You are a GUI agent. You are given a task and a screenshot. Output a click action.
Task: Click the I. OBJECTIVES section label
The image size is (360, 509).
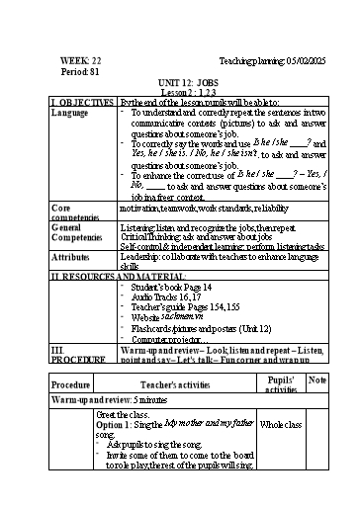click(83, 103)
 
